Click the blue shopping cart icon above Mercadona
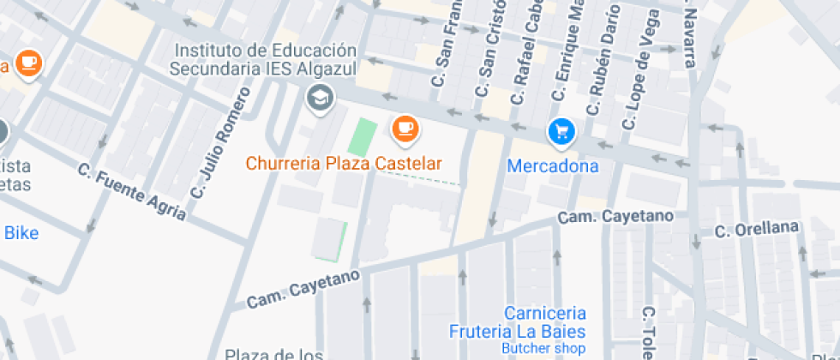[x=561, y=131]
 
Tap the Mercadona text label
[x=552, y=165]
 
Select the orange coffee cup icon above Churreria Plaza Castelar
[x=405, y=129]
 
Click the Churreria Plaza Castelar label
[x=344, y=163]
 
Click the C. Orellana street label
[x=756, y=229]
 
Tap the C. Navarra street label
[x=689, y=34]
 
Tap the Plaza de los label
[x=274, y=353]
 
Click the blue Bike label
[x=21, y=232]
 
